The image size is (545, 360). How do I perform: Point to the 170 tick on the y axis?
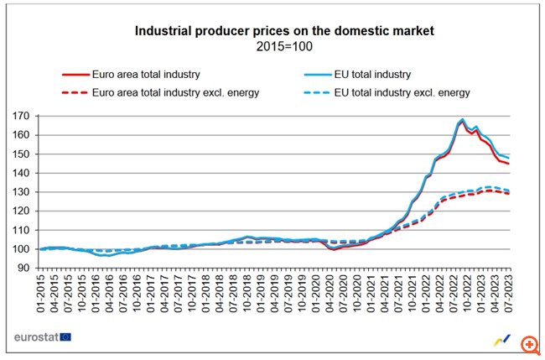(x=23, y=116)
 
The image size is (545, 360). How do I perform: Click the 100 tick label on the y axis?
(x=23, y=249)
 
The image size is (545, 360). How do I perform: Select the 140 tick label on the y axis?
(x=23, y=173)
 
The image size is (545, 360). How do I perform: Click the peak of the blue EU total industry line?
(x=462, y=119)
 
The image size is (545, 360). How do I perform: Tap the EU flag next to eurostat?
(x=65, y=337)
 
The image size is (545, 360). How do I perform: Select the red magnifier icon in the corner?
(x=529, y=344)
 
